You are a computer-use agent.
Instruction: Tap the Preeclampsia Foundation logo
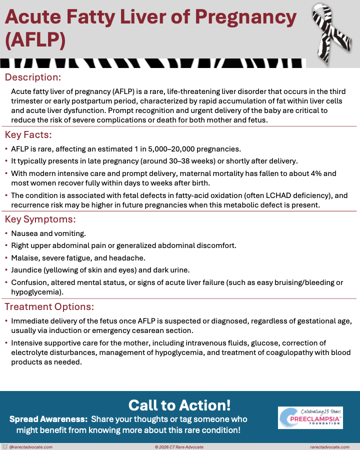pos(310,417)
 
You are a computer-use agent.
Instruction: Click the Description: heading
pos(33,77)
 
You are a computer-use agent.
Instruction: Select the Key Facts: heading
pos(28,135)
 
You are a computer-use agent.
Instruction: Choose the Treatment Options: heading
pos(49,306)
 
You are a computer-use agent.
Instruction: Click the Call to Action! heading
pos(179,404)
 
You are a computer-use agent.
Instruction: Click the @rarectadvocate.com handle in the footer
pos(31,447)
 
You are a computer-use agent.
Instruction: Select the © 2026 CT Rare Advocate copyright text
pos(179,447)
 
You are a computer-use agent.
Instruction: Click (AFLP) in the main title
pos(35,40)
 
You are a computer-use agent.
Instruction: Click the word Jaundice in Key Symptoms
pos(27,270)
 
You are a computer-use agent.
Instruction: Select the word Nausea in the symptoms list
pos(25,233)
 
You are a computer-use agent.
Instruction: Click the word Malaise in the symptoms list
pos(24,258)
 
